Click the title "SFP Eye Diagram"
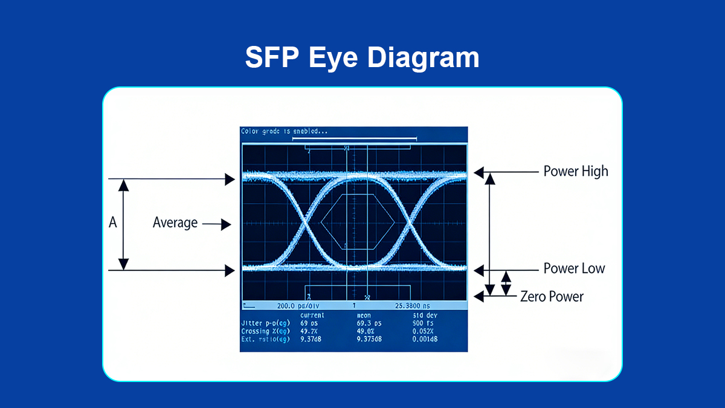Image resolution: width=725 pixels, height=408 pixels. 362,58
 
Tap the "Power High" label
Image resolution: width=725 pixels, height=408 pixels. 575,172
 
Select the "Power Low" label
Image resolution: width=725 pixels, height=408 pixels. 573,269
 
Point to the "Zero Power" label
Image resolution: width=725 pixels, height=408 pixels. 552,297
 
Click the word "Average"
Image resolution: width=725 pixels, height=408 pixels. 175,223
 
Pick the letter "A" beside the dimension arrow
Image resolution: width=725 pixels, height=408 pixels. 112,224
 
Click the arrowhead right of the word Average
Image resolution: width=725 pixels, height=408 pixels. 227,225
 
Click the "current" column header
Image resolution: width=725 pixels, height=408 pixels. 312,316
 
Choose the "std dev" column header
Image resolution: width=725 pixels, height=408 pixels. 425,316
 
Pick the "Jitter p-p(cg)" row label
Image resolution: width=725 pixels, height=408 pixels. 265,323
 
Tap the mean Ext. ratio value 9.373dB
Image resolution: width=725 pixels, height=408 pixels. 370,339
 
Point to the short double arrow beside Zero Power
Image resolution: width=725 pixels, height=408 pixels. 506,283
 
